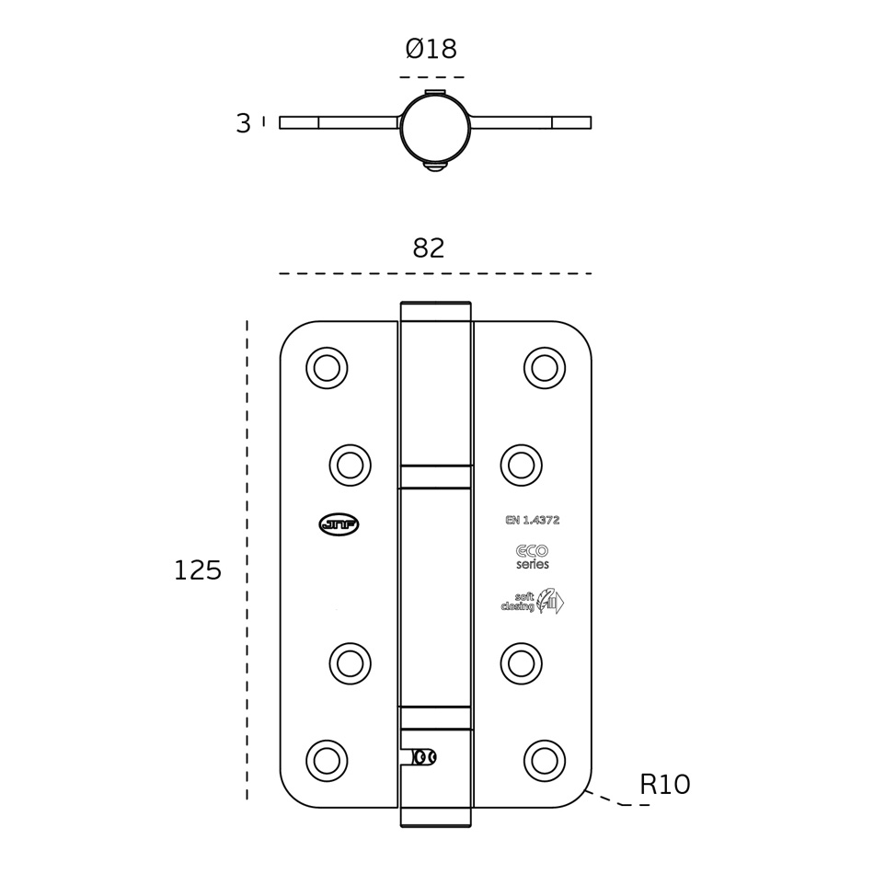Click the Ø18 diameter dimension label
(431, 50)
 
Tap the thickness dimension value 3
(243, 124)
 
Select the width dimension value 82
(429, 248)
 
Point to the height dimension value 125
(198, 570)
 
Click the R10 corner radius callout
(664, 785)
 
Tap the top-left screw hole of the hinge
(327, 368)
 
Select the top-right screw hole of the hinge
(545, 368)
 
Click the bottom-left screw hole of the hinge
(327, 761)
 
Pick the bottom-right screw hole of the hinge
(545, 761)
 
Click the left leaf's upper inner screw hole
(351, 466)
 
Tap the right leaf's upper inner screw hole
(522, 466)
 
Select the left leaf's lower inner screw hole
(351, 663)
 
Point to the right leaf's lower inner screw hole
(522, 663)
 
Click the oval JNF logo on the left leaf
(339, 524)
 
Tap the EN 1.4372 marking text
(532, 520)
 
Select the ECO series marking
(532, 557)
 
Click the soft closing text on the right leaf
(519, 602)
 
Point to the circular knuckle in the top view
(435, 128)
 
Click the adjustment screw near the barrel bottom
(424, 757)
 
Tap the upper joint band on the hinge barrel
(435, 477)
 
